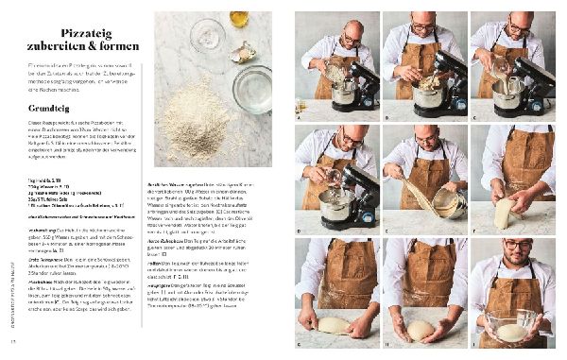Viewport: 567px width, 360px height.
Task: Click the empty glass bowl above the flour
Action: tap(205, 38)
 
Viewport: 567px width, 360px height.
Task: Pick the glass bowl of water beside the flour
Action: tap(252, 88)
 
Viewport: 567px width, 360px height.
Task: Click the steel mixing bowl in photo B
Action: tap(424, 91)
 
